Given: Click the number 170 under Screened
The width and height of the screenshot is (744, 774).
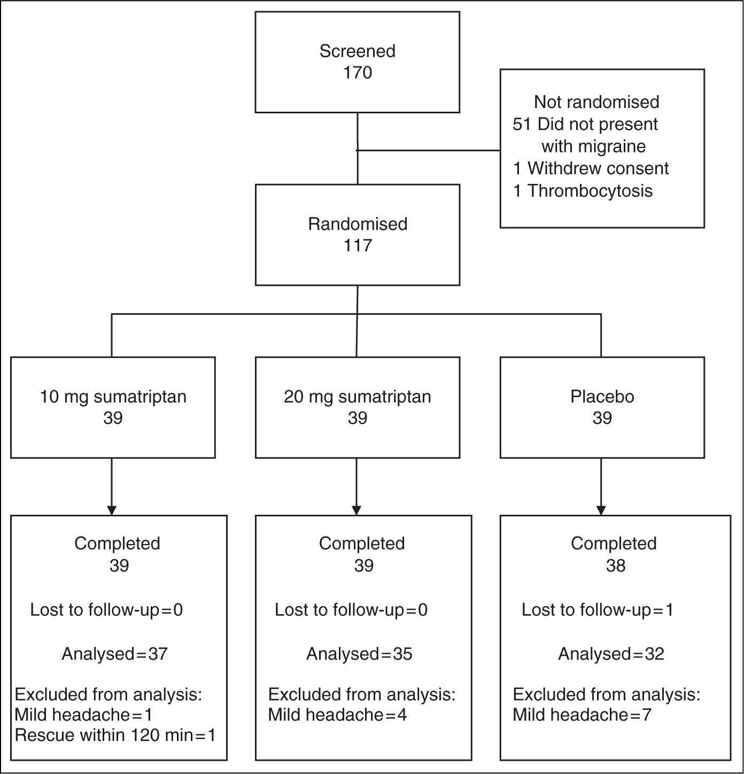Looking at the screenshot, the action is click(358, 73).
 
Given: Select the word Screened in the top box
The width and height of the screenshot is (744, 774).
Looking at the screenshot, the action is click(358, 51).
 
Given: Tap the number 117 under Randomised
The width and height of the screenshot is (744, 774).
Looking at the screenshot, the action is click(358, 245).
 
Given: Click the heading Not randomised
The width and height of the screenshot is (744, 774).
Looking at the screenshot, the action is click(596, 102).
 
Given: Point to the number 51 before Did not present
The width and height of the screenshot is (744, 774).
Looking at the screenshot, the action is click(522, 125).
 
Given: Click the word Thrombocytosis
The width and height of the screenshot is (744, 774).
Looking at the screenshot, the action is click(590, 191).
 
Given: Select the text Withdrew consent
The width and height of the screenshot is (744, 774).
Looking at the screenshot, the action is click(598, 168).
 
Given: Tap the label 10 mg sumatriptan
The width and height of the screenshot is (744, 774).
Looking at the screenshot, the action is click(113, 397).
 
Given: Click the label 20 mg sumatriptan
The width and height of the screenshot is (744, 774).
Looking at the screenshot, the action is click(358, 397).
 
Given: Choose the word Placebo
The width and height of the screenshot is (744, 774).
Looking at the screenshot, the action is click(602, 397).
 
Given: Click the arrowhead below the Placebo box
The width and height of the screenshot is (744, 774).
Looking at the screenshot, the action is click(601, 510).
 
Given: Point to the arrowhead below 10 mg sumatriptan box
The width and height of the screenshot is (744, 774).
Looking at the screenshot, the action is click(112, 510).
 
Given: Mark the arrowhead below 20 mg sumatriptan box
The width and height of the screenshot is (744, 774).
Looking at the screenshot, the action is click(356, 510).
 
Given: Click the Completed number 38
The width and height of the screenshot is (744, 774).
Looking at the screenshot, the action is click(616, 566).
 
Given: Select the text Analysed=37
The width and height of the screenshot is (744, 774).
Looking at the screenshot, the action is click(114, 654).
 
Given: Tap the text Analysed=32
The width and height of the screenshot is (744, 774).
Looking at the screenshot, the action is click(611, 654).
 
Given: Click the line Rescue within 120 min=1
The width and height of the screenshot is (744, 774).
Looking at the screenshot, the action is click(115, 735).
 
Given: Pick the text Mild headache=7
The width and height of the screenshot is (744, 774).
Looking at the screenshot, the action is click(582, 715).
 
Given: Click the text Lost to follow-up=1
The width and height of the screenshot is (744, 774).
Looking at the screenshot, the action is click(597, 610).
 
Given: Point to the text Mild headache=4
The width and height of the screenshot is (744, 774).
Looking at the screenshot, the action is click(338, 715).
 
